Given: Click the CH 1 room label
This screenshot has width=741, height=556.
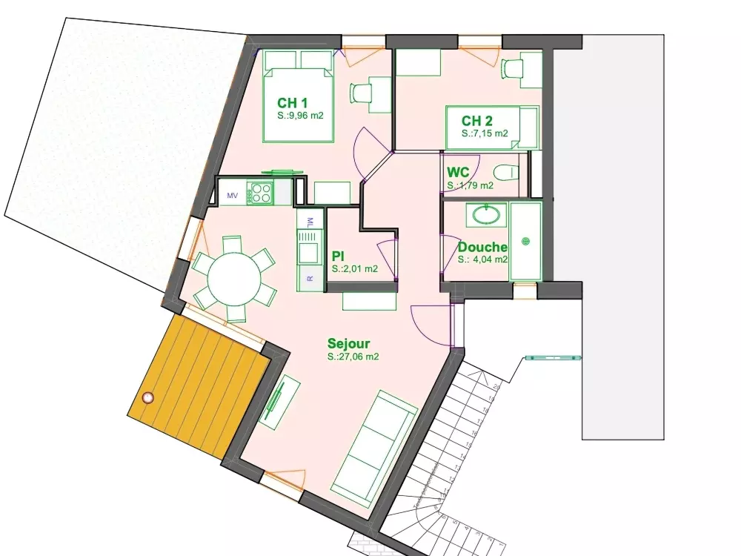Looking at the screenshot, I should [x=292, y=102].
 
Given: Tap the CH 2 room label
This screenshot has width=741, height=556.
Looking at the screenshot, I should [x=476, y=121].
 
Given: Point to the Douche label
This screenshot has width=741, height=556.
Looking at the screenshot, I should [x=482, y=248].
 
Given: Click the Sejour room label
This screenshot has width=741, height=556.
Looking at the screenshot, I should [x=348, y=343].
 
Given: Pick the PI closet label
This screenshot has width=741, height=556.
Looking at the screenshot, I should [x=339, y=256].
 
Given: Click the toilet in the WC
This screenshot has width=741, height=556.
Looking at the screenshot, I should [x=508, y=172].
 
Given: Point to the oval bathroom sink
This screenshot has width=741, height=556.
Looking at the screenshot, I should [x=486, y=216].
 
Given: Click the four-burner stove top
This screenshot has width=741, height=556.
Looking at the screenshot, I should [x=262, y=193].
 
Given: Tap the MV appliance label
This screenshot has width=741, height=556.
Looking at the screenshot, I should [x=232, y=195].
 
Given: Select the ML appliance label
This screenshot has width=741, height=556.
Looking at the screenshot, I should [x=310, y=220].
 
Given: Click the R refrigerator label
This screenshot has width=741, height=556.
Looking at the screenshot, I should [x=310, y=279].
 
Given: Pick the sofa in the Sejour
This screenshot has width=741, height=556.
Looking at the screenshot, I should [x=373, y=444].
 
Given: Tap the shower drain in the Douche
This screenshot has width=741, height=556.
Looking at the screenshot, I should [x=525, y=240].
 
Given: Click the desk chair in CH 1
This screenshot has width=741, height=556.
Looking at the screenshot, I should [x=360, y=93].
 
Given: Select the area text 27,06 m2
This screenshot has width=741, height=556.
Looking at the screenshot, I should [x=353, y=357].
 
